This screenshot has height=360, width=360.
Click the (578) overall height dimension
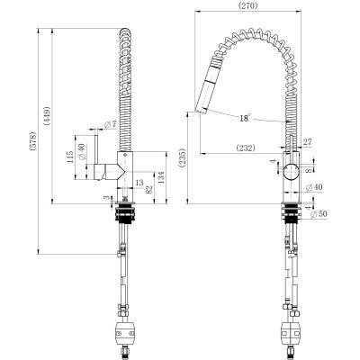coord(33,141)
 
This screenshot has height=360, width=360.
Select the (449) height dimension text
coord(48,116)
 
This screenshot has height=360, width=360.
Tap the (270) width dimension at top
coord(247,5)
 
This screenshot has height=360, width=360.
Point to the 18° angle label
coord(245,118)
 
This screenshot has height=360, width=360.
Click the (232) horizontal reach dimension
coord(246,148)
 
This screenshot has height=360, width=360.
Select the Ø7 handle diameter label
coord(110,124)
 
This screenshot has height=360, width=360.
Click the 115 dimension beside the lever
coord(70,157)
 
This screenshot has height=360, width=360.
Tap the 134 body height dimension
coord(161,177)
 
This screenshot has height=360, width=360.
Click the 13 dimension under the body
coord(139,182)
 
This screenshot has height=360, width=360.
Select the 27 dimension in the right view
coord(308,141)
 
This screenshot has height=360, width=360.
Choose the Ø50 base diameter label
coord(319,214)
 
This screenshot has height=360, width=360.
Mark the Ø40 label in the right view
coord(314,187)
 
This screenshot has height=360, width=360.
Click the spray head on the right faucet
coord(208,87)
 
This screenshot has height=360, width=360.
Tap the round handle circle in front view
coord(291,172)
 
